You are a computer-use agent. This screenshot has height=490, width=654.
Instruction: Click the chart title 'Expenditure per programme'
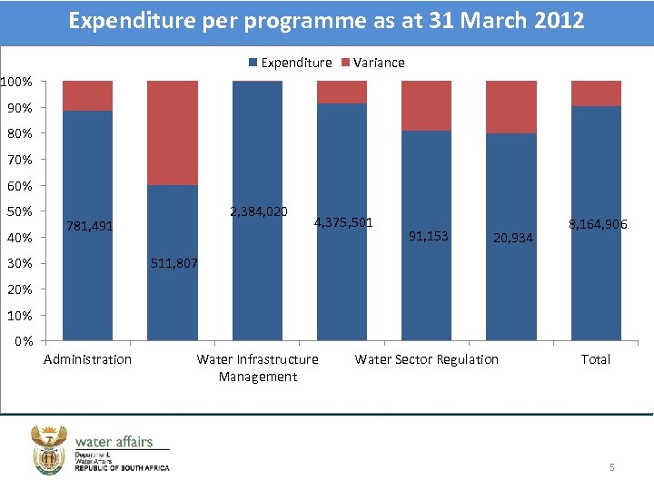tap(326, 21)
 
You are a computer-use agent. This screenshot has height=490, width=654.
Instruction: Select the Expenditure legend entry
tap(290, 63)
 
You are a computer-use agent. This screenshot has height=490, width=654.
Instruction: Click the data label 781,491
tap(89, 226)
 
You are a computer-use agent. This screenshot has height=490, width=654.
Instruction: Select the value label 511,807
tap(173, 264)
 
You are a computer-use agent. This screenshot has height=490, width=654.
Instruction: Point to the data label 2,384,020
tap(259, 211)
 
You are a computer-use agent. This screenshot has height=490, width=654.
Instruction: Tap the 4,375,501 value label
tap(343, 222)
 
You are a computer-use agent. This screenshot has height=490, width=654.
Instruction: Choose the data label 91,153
tap(429, 236)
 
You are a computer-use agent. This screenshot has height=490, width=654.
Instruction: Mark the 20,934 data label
tap(512, 239)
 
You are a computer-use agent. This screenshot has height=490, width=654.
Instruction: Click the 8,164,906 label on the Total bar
tap(598, 224)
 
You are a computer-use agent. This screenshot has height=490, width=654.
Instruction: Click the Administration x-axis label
tap(88, 359)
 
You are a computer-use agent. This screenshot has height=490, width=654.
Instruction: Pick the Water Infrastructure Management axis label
tap(258, 367)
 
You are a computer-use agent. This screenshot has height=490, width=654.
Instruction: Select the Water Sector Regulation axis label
tap(427, 359)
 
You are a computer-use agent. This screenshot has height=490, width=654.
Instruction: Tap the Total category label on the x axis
tap(596, 359)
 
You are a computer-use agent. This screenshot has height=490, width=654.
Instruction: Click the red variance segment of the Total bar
tap(597, 93)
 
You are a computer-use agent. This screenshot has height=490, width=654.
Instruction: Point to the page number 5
tap(611, 467)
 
